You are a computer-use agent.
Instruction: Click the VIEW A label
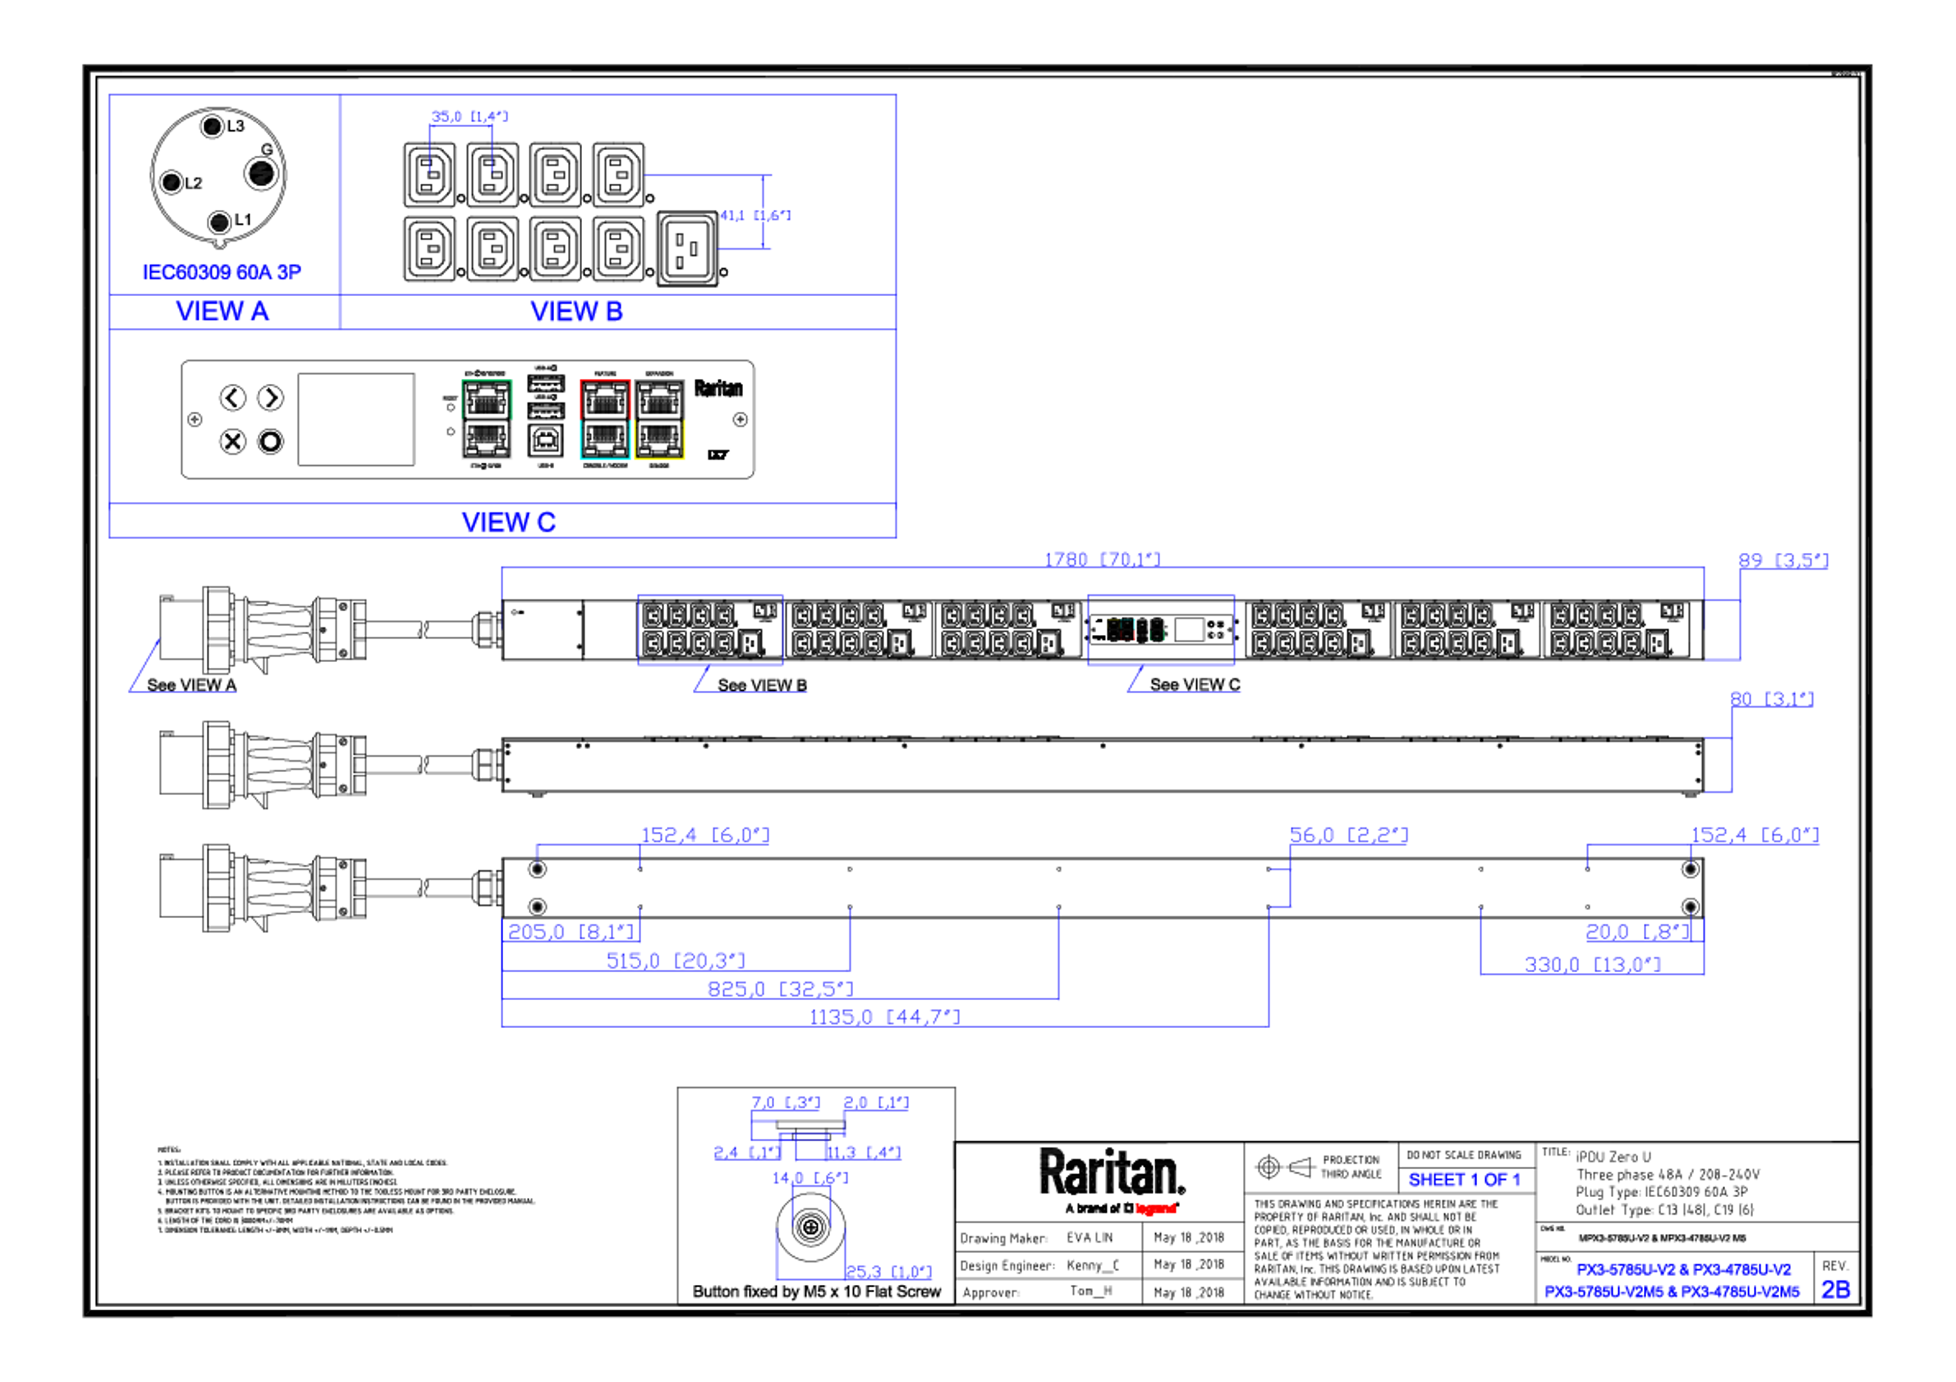point(223,311)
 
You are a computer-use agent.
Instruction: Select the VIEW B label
point(577,312)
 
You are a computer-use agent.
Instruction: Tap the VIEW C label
point(508,522)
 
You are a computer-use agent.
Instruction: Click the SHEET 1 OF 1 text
point(1463,1180)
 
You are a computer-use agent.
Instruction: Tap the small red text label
point(1156,1208)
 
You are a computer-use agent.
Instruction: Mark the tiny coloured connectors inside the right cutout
point(1135,629)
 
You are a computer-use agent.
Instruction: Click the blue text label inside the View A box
point(222,272)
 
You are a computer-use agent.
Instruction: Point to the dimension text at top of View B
point(470,116)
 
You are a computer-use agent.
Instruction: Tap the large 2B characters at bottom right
point(1836,1290)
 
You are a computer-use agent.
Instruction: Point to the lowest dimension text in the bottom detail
point(888,1272)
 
